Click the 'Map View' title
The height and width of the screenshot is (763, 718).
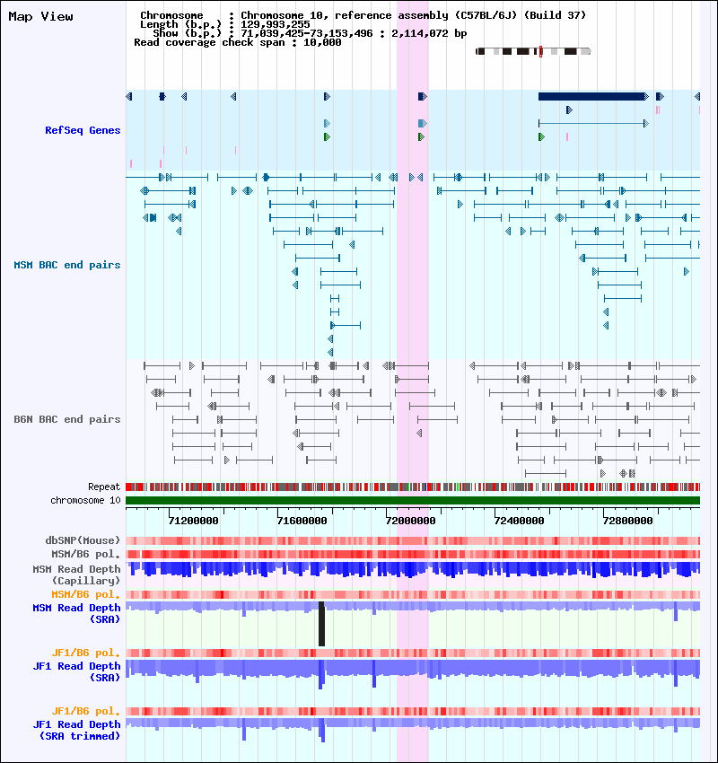tap(41, 16)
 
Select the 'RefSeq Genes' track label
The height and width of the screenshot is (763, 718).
tap(83, 130)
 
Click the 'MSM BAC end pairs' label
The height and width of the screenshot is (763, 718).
tap(67, 265)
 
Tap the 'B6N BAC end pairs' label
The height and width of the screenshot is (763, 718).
tap(67, 419)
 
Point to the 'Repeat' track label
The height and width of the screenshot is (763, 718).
tap(104, 487)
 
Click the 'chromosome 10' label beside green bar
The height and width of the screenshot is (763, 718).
tap(85, 500)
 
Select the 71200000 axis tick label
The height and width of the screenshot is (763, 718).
tap(194, 522)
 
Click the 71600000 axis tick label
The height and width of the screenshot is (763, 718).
tap(302, 522)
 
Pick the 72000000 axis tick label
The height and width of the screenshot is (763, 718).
tap(410, 522)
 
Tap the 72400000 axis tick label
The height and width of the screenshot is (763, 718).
tap(519, 522)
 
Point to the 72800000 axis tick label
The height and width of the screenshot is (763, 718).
tap(627, 522)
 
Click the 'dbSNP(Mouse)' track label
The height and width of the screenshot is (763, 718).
tap(83, 540)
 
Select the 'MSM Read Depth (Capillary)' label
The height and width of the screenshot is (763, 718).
tap(77, 575)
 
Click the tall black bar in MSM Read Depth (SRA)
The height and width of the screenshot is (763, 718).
tap(321, 624)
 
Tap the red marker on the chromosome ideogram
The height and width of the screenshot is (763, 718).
tap(540, 51)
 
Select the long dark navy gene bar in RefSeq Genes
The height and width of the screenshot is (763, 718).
tap(591, 96)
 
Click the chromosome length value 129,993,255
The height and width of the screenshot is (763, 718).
tap(276, 24)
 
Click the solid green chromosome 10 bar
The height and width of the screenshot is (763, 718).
tap(413, 500)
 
